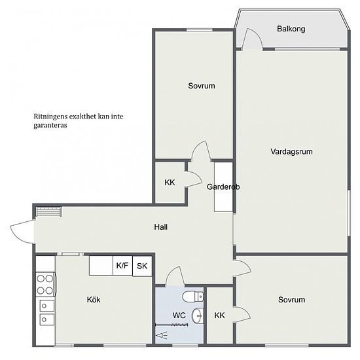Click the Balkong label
tap(291, 29)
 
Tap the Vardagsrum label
tap(291, 152)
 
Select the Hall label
tap(161, 227)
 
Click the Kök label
tap(94, 300)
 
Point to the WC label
tap(179, 315)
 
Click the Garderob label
tap(223, 187)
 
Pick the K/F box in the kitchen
tap(122, 265)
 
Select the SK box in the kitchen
tap(142, 266)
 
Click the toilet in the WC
tap(193, 297)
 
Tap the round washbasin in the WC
tap(197, 316)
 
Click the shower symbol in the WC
tap(162, 336)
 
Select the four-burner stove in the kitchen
tap(45, 285)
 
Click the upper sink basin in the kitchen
tap(47, 306)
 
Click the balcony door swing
tap(253, 39)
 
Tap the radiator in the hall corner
tap(49, 211)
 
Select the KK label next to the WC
tap(219, 315)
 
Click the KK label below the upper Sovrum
tap(170, 183)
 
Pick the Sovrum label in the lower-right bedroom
tap(291, 300)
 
